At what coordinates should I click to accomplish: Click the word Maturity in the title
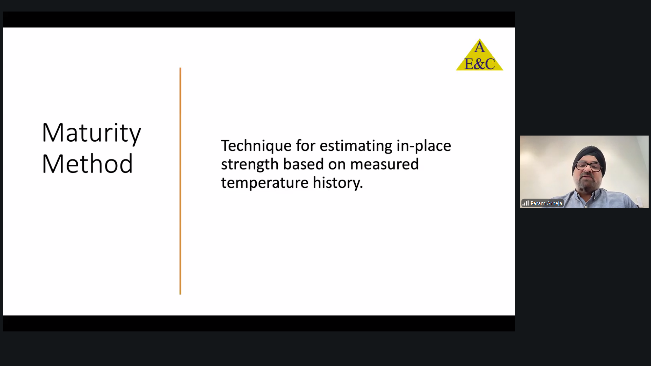click(91, 133)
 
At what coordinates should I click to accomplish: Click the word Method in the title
click(87, 163)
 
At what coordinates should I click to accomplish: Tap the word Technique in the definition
click(256, 146)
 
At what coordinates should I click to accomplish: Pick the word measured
click(384, 164)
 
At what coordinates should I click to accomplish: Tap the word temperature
click(265, 183)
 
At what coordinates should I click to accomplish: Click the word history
click(338, 183)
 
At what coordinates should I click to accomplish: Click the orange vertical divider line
click(180, 181)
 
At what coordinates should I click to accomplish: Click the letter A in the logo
click(479, 47)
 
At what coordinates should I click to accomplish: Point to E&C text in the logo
click(479, 64)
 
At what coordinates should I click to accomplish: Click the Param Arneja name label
click(546, 203)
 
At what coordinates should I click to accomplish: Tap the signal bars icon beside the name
click(526, 203)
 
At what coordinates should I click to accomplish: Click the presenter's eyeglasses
click(589, 166)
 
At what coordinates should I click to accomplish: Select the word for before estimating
click(305, 146)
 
